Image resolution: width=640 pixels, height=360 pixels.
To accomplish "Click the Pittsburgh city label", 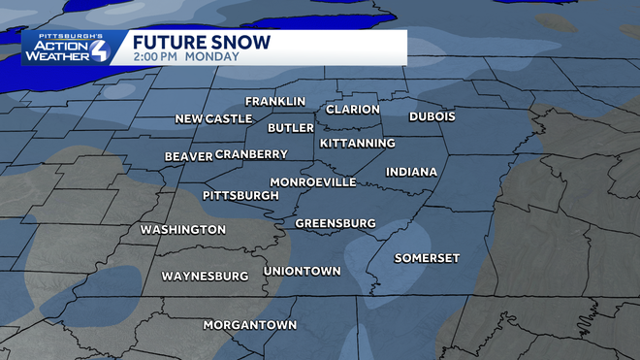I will tap(240, 195).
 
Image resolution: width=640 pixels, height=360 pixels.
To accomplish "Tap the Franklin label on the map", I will tap(275, 101).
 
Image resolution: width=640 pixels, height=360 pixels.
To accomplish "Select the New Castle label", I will tap(213, 118).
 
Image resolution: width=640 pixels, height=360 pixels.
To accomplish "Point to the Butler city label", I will tap(291, 127).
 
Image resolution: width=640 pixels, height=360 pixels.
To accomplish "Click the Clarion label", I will tap(353, 109).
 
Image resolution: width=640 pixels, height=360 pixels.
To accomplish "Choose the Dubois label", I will tap(432, 115).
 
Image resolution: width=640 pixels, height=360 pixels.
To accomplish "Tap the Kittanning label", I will tap(358, 143).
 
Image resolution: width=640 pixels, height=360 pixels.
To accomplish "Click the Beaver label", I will tap(188, 156).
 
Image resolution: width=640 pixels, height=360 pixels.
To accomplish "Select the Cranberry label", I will tap(251, 154).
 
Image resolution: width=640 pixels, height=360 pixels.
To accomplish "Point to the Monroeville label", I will tap(313, 181).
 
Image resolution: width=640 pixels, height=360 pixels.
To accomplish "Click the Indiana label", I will tap(412, 172).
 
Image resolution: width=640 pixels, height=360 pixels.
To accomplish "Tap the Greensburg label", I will tap(336, 223).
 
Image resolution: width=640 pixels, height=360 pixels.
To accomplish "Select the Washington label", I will tap(183, 230).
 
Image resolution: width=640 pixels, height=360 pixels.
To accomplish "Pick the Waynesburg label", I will tap(205, 276).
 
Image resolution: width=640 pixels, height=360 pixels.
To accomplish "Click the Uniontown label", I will tap(303, 271).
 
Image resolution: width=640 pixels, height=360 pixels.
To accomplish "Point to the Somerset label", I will tap(427, 257).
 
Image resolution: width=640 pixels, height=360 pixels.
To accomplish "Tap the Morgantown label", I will tap(250, 324).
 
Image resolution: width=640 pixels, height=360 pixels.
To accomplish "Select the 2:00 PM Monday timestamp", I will tap(179, 57).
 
